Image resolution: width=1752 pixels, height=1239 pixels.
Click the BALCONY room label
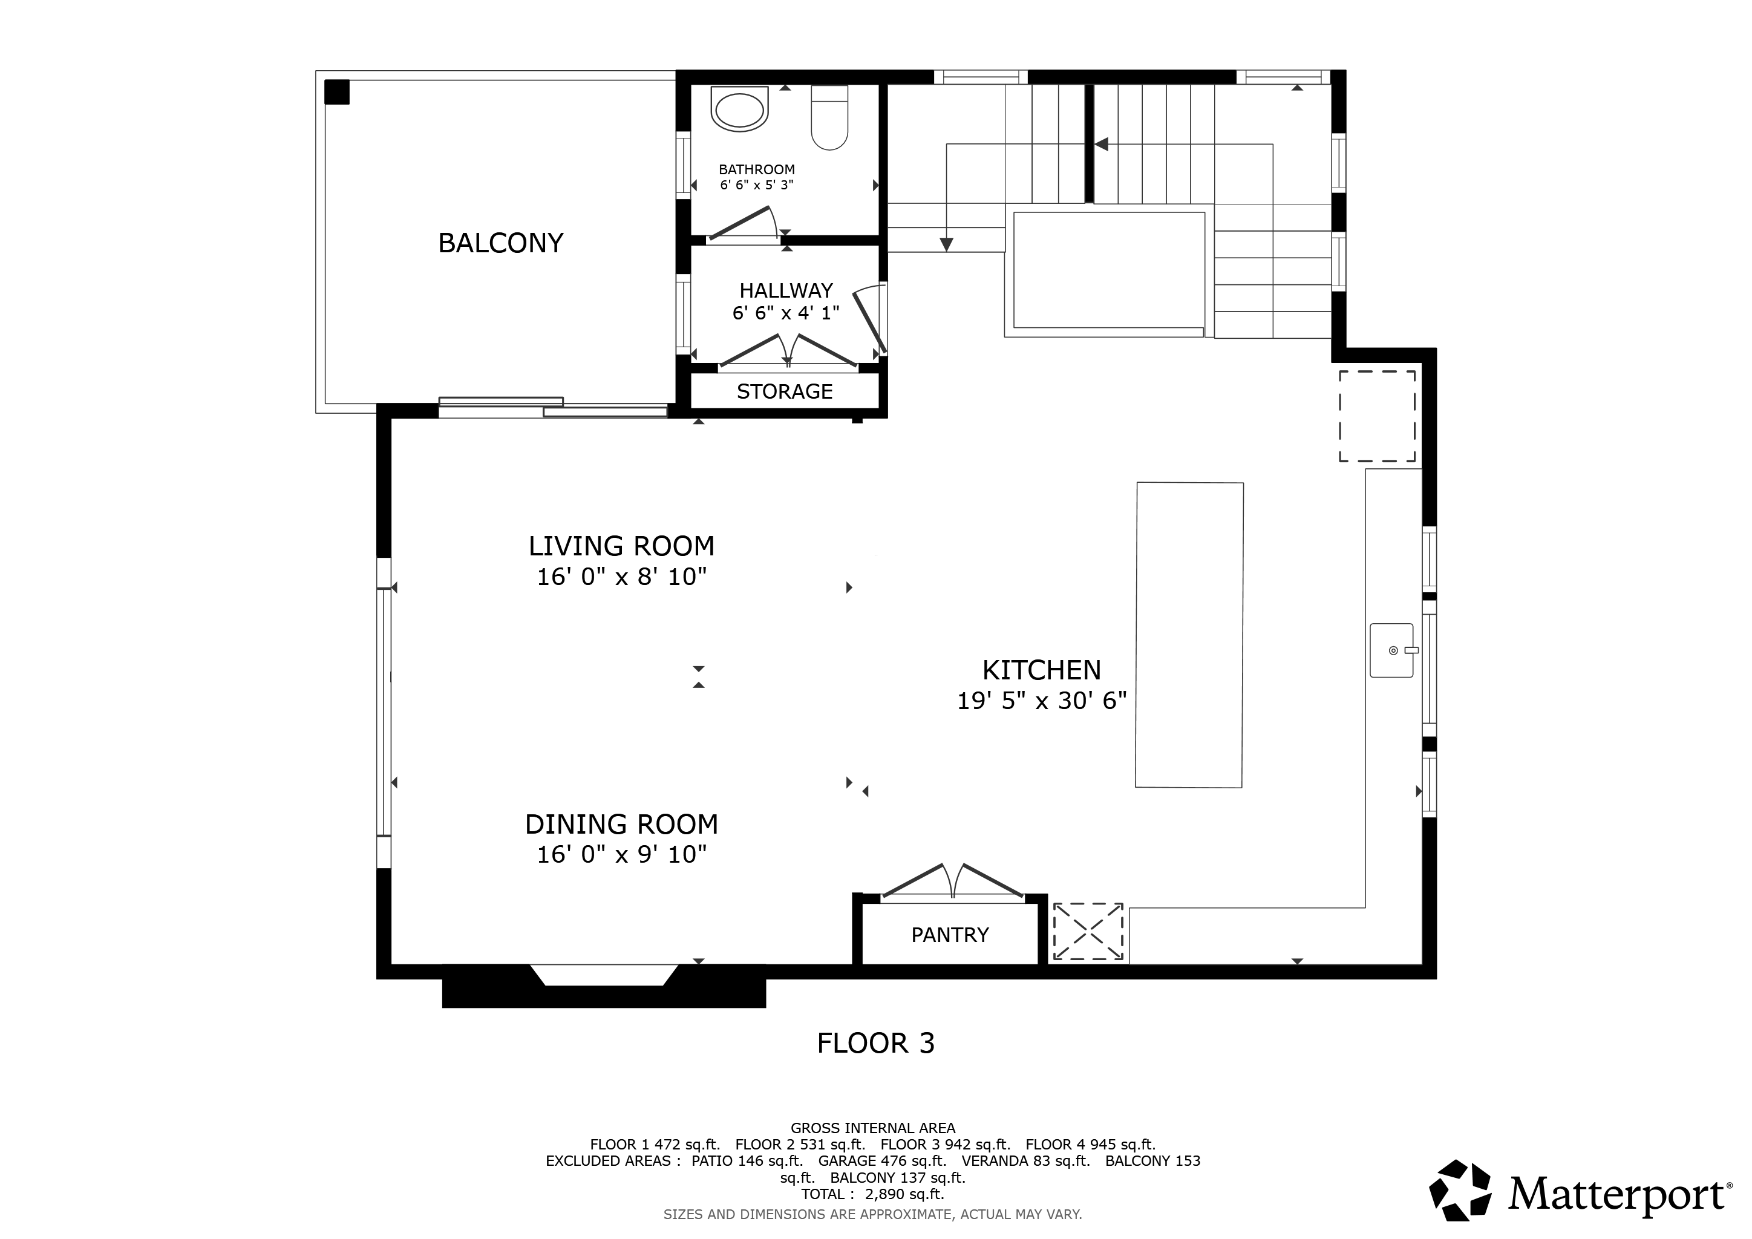pyautogui.click(x=500, y=243)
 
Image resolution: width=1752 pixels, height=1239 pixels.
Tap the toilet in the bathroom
pyautogui.click(x=829, y=117)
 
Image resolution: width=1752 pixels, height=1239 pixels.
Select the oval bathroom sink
pyautogui.click(x=739, y=109)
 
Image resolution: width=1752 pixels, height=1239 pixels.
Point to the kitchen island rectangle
pyautogui.click(x=1189, y=635)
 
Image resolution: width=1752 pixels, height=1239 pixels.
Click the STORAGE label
pyautogui.click(x=785, y=391)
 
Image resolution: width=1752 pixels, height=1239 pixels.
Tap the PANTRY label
pyautogui.click(x=950, y=935)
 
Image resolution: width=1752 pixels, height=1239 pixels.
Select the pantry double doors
pyautogui.click(x=952, y=882)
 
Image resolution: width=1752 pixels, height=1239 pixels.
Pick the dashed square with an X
pyautogui.click(x=1088, y=932)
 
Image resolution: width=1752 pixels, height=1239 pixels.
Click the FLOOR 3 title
pyautogui.click(x=876, y=1043)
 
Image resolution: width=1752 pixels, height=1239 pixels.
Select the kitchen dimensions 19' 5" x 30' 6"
pyautogui.click(x=1042, y=701)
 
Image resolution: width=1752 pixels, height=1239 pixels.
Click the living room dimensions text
pyautogui.click(x=622, y=577)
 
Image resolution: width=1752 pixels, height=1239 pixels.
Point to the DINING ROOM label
pyautogui.click(x=622, y=824)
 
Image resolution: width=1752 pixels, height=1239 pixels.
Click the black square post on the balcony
pyautogui.click(x=338, y=93)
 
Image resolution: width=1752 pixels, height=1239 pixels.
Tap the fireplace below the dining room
pyautogui.click(x=604, y=986)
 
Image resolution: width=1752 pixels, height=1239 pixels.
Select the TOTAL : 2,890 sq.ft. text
pyautogui.click(x=873, y=1194)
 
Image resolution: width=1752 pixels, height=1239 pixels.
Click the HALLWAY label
pyautogui.click(x=786, y=290)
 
